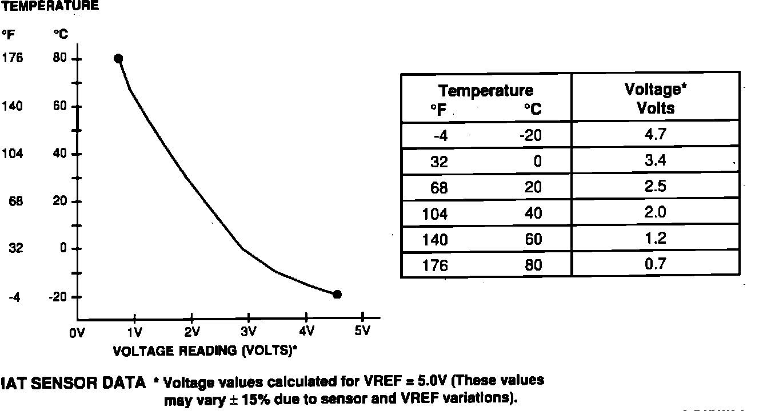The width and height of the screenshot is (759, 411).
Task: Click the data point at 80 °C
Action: (118, 58)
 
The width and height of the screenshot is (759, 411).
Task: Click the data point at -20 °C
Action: (337, 295)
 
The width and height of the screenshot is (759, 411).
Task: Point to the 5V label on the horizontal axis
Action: (362, 331)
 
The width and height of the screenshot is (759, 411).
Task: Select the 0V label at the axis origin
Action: (77, 333)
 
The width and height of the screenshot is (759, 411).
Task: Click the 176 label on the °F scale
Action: (12, 58)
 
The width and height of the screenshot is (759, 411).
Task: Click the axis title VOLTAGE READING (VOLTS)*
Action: (205, 350)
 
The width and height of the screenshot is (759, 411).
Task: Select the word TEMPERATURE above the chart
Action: (50, 6)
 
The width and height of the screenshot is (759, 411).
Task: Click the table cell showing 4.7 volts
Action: (655, 135)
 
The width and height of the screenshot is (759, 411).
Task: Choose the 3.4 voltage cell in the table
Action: (655, 160)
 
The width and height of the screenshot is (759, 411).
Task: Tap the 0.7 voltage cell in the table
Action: (655, 264)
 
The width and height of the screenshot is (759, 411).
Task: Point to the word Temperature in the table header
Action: (486, 90)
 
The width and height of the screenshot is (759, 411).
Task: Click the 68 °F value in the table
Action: (439, 188)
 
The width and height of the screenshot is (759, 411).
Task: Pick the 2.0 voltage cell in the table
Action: (655, 212)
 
